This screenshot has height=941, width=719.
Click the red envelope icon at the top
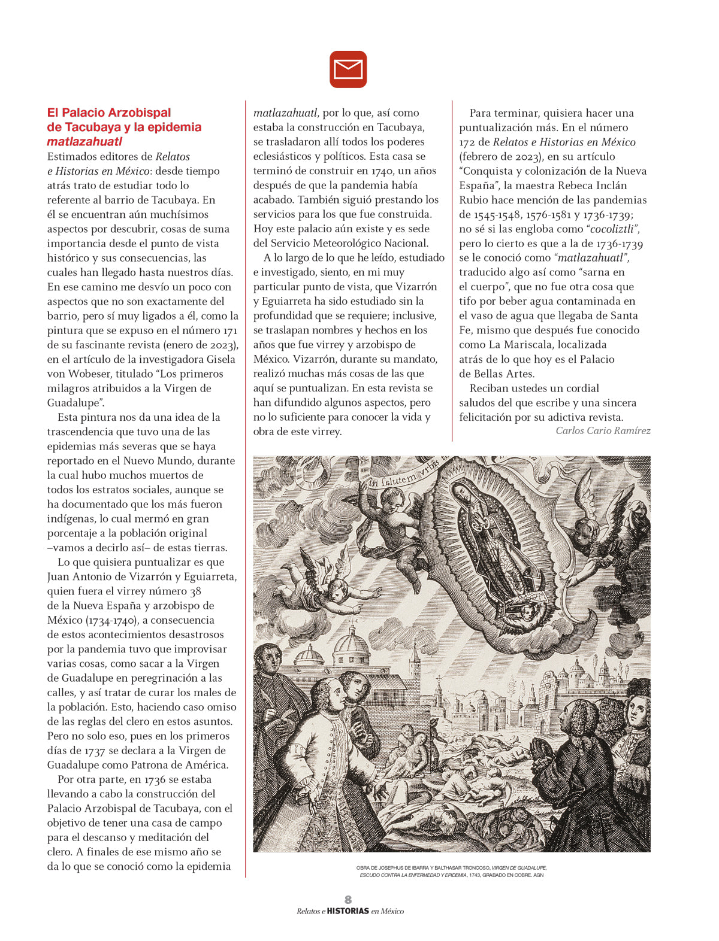tap(348, 69)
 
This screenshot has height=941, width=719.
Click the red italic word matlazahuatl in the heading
tap(84, 142)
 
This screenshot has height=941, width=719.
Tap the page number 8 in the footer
tap(348, 900)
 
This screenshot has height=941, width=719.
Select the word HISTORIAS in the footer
tap(348, 911)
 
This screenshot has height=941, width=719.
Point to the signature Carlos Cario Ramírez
tap(603, 431)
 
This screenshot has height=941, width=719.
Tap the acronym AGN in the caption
tap(538, 875)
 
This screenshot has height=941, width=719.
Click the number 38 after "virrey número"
tap(195, 591)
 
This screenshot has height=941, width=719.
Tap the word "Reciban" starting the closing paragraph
tap(491, 388)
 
